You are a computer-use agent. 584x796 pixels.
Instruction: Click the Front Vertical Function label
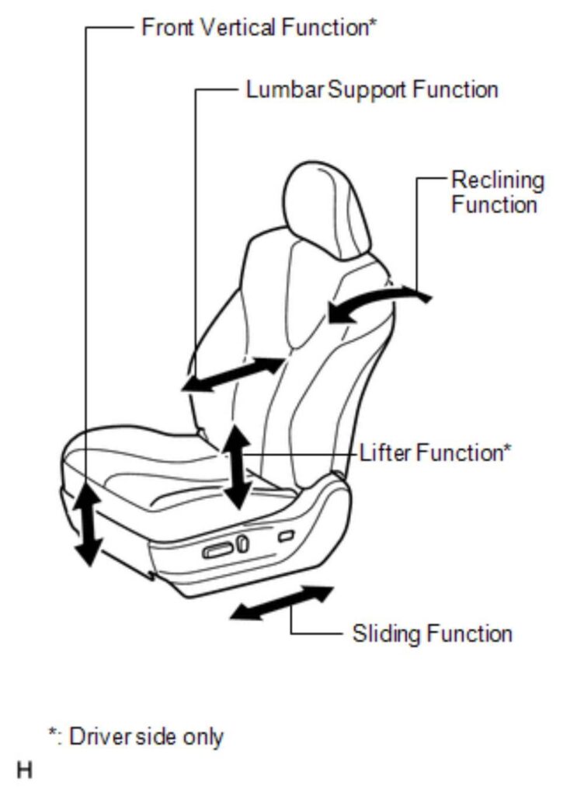point(259,27)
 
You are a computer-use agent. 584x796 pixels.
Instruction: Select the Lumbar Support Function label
point(372,90)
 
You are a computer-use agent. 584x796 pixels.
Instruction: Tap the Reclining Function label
point(498,193)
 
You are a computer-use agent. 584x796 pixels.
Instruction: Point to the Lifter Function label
point(436,452)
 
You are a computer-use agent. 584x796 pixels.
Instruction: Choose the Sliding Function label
point(432,634)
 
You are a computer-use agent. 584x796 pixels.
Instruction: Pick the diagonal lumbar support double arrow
point(233,375)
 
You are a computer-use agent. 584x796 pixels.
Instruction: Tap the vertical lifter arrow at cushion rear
point(238,467)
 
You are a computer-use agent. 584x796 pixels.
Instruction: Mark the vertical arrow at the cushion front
point(88,525)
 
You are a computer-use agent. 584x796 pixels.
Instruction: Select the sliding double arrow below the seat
point(281,603)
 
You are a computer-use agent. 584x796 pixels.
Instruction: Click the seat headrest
point(327,210)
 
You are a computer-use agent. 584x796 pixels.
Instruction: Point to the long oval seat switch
point(218,550)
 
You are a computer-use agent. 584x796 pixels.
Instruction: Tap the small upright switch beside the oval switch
point(243,543)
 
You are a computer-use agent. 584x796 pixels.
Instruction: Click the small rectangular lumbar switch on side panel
point(286,536)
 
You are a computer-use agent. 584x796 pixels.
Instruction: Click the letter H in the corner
point(24,770)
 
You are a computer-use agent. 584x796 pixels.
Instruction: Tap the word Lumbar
point(285,90)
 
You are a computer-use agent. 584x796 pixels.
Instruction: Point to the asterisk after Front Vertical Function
point(373,23)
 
